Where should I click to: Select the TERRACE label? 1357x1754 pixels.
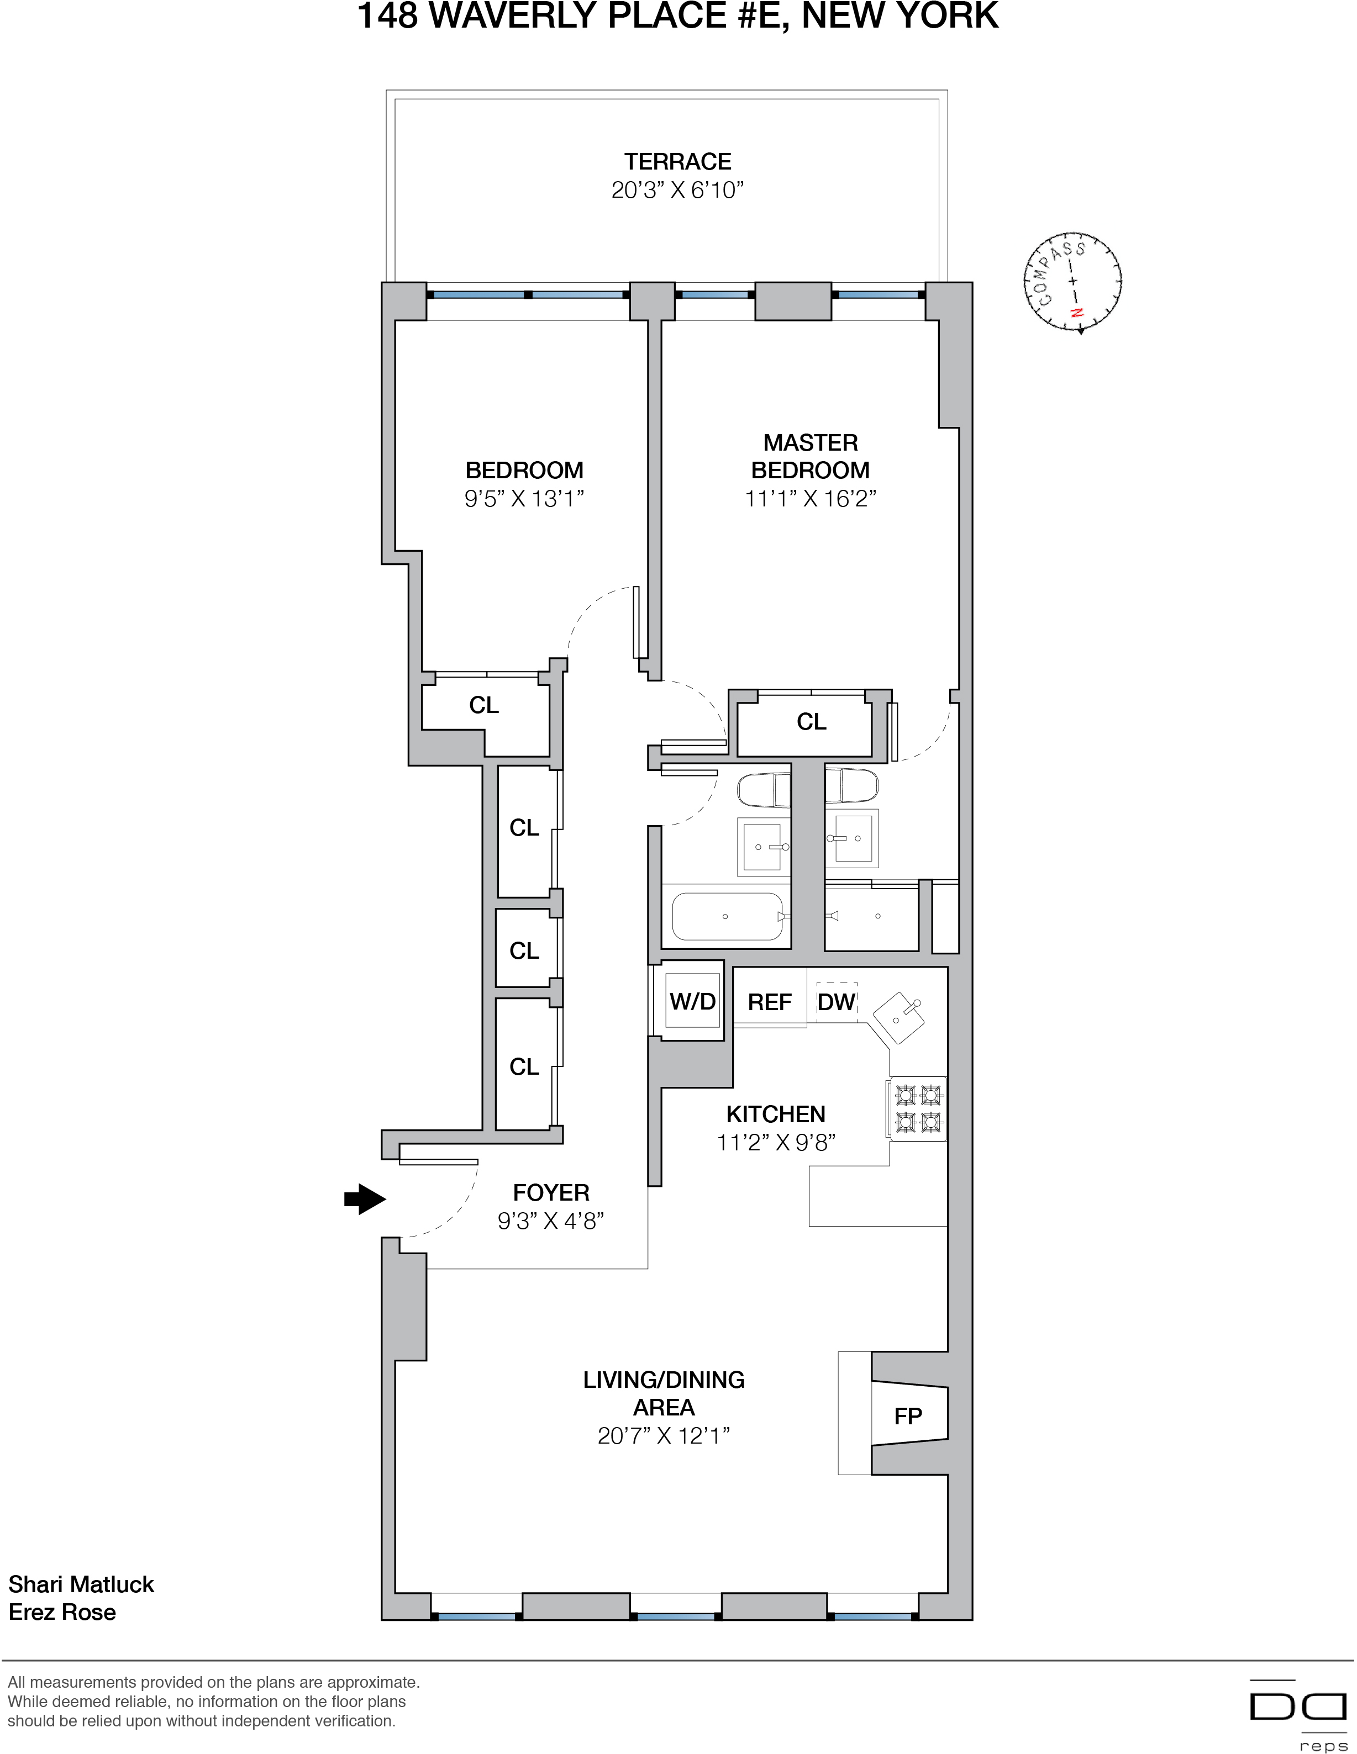(677, 162)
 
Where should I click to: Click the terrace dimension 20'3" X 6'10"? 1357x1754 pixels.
(677, 191)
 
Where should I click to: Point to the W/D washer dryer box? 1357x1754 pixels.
(692, 1001)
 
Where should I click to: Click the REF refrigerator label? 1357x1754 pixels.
(770, 1002)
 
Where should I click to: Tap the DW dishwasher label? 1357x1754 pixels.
(837, 1002)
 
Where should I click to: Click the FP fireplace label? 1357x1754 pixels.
(908, 1417)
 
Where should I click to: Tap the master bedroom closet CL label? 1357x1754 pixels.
(812, 722)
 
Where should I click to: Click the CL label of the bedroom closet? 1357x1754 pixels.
(483, 705)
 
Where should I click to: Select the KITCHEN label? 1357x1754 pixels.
(775, 1114)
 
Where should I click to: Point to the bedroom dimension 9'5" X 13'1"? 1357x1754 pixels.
(524, 499)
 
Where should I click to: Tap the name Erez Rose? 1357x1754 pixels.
(62, 1613)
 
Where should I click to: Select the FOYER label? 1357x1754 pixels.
(551, 1193)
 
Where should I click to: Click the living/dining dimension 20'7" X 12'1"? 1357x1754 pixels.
(664, 1436)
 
